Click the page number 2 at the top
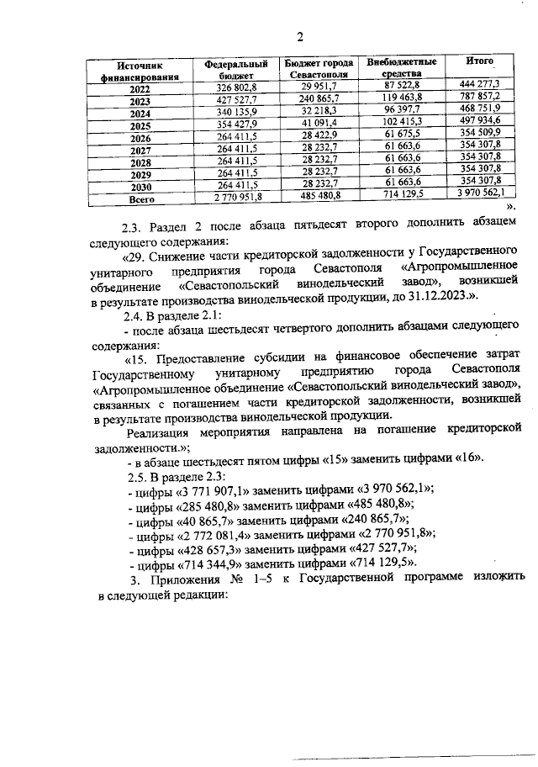click(x=298, y=35)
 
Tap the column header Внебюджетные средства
click(x=401, y=67)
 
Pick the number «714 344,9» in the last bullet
click(x=210, y=562)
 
